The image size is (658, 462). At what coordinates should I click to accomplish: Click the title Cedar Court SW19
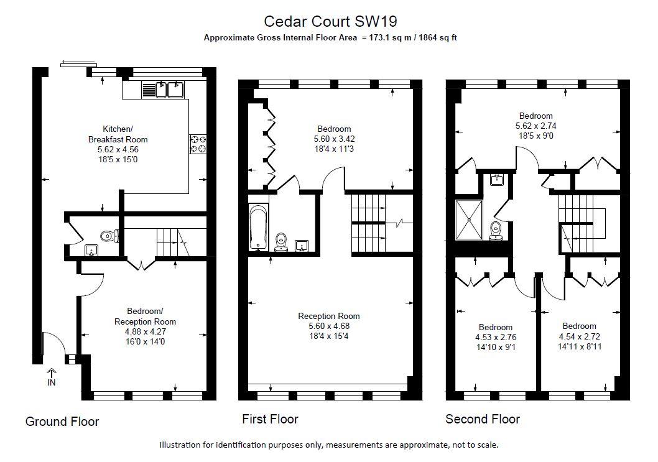point(330,21)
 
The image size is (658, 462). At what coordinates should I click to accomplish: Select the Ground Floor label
point(62,422)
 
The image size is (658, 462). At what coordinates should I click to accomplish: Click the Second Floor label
point(483,418)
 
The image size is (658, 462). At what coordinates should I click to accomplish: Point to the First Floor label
point(271,418)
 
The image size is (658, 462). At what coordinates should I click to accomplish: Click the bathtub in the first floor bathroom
point(257,228)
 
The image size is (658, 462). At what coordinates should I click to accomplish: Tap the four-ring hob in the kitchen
point(198,144)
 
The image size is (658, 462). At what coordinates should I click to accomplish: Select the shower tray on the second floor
point(470,219)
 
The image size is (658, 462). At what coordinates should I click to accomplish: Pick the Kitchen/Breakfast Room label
point(118,134)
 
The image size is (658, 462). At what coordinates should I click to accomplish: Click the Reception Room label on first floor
point(329,316)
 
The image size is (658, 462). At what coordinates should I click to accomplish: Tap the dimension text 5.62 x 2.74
point(536,126)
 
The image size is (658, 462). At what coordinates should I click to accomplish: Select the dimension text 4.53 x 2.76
point(496,337)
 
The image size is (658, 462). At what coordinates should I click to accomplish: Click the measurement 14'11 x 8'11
point(580,346)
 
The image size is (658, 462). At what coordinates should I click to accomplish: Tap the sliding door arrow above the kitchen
point(78,64)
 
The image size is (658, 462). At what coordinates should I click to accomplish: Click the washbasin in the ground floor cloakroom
point(91,251)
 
